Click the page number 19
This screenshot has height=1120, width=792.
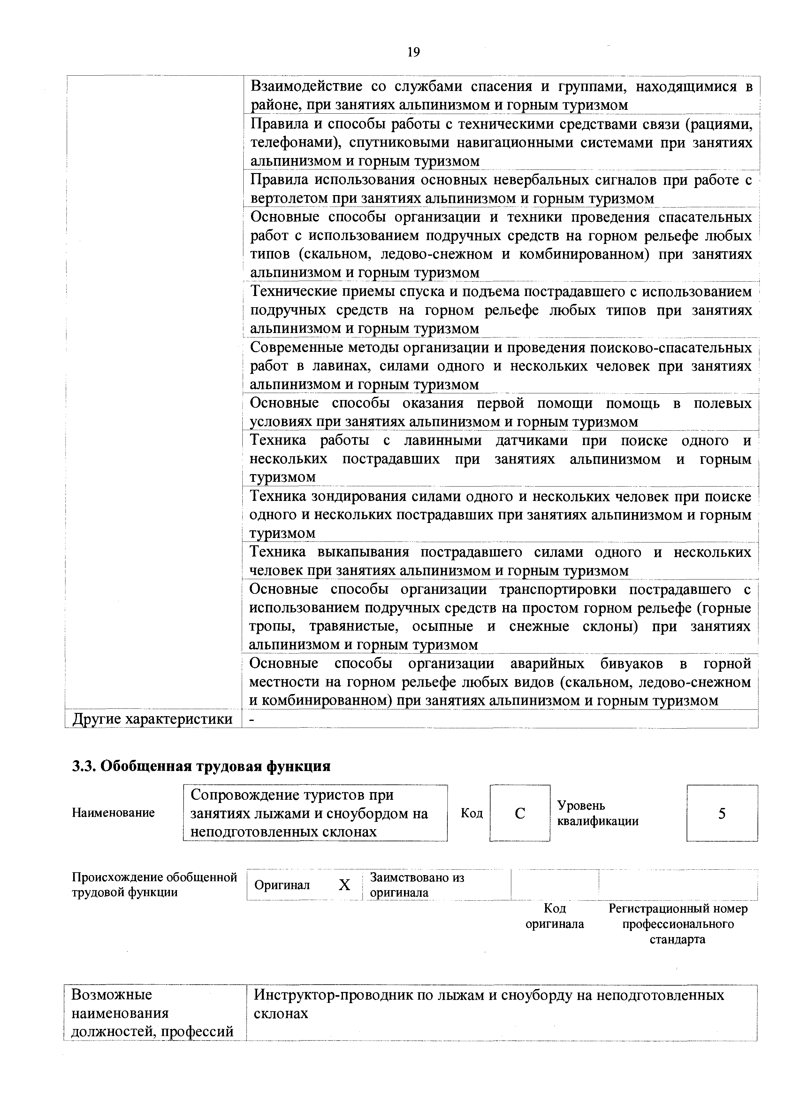click(x=413, y=52)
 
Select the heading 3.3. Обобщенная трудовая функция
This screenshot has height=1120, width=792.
click(x=201, y=766)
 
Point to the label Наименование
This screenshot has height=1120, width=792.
click(x=113, y=813)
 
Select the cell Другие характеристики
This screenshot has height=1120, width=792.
click(x=153, y=719)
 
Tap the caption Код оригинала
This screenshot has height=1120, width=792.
click(x=554, y=916)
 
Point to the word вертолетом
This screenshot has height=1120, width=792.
click(x=288, y=199)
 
